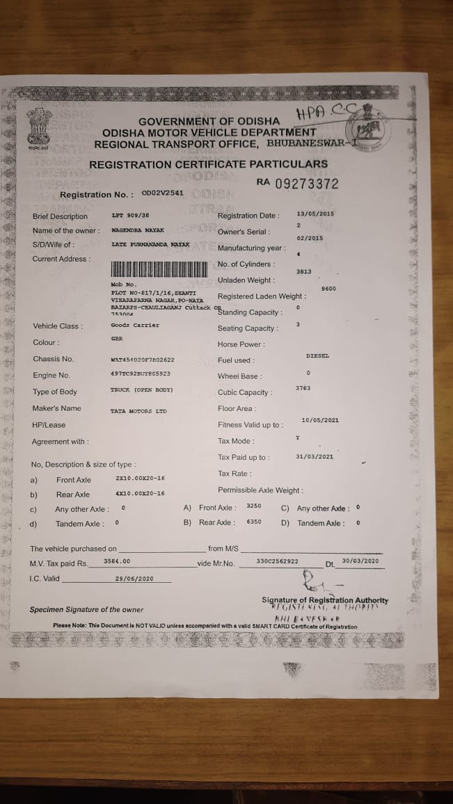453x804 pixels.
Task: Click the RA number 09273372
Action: (297, 184)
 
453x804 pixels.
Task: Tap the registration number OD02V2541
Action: (162, 193)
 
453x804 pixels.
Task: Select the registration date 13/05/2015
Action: (315, 214)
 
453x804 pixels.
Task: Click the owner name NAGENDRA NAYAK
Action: (138, 230)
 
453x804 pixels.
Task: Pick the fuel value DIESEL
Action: (317, 355)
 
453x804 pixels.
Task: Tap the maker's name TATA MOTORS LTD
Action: (138, 411)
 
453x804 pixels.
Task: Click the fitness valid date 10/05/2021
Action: (320, 419)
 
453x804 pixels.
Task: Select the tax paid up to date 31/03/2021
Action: (315, 456)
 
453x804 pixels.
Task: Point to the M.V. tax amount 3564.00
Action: (117, 561)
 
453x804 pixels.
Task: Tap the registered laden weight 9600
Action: (329, 288)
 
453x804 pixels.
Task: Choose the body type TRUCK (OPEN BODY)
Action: (141, 390)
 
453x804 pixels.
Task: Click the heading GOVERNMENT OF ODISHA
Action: (209, 121)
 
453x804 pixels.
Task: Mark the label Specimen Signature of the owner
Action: (86, 610)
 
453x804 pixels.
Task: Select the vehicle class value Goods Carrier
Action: (135, 325)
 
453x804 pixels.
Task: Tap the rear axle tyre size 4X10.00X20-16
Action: (140, 493)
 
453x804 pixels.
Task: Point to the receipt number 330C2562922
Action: (277, 561)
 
